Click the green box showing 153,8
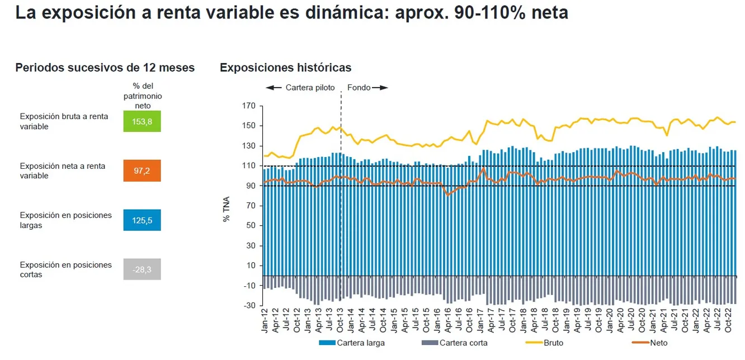[x=142, y=121]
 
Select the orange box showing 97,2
[x=142, y=170]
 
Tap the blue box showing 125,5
[x=142, y=220]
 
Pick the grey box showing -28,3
[x=142, y=269]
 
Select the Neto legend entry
[x=658, y=343]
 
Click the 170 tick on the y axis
[x=249, y=106]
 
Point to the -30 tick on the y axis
[x=249, y=306]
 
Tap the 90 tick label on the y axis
[x=251, y=186]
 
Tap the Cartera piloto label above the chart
[x=310, y=88]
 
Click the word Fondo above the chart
[x=359, y=88]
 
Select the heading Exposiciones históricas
[x=285, y=68]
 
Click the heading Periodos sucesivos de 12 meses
[x=105, y=68]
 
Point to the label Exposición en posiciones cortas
[x=66, y=269]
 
